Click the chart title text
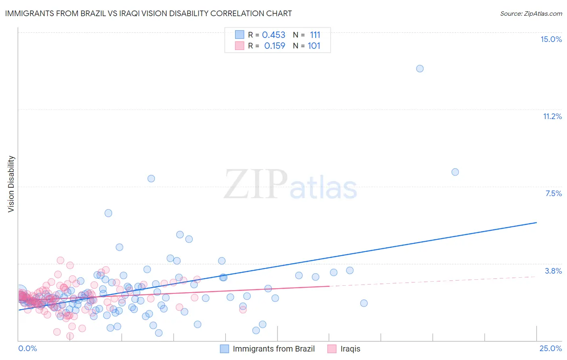[x=148, y=13]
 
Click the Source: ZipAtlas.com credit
[x=531, y=13]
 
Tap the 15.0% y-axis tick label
[x=551, y=39]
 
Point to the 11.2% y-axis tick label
[x=552, y=116]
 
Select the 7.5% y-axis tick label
[x=553, y=193]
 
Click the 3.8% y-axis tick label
[x=553, y=271]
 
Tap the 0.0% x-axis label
[x=27, y=348]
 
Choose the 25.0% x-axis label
[x=550, y=348]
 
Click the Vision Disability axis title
[x=11, y=184]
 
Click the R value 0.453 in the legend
[x=273, y=35]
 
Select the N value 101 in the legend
[x=314, y=46]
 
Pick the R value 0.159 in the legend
[x=274, y=46]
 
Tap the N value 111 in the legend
[x=315, y=35]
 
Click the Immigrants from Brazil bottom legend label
[x=273, y=349]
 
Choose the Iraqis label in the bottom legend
[x=350, y=349]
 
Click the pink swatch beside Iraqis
[x=331, y=349]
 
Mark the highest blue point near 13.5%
[x=420, y=69]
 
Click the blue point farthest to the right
[x=455, y=172]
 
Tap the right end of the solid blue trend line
[x=536, y=222]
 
